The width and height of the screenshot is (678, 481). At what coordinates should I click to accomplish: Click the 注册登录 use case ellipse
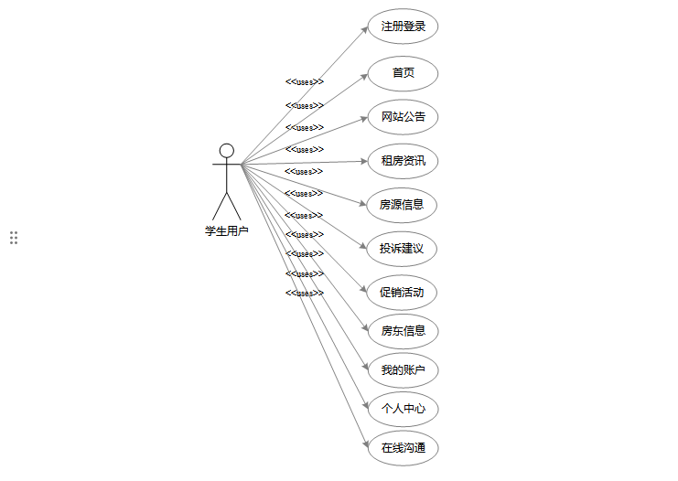(x=403, y=27)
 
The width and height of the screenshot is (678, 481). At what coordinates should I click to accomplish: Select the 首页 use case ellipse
(x=403, y=73)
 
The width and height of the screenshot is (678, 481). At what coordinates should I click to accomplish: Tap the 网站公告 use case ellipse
(x=403, y=117)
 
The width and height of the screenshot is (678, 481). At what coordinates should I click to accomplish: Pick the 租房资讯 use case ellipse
(x=403, y=162)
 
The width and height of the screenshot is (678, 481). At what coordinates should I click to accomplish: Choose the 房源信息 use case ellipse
(x=403, y=205)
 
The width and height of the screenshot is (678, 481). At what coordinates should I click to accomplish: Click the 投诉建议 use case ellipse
(x=403, y=249)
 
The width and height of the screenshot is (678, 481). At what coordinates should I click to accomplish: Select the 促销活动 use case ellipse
(x=403, y=294)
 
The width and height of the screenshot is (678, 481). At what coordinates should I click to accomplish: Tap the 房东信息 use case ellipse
(x=403, y=331)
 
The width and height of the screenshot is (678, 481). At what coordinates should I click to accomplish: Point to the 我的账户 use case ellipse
(x=403, y=370)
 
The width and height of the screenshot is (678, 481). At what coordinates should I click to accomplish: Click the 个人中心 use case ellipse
(x=403, y=409)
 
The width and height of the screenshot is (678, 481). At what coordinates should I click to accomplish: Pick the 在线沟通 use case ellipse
(x=403, y=448)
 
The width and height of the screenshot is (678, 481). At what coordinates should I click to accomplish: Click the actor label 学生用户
(x=227, y=231)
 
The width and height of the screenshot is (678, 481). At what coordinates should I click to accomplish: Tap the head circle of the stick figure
(x=227, y=151)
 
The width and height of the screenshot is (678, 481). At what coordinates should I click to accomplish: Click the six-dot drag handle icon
(x=14, y=238)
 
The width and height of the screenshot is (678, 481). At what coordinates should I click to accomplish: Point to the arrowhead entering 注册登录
(x=364, y=29)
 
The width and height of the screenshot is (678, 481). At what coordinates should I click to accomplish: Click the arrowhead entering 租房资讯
(x=364, y=162)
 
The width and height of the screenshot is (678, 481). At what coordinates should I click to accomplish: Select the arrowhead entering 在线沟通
(x=365, y=444)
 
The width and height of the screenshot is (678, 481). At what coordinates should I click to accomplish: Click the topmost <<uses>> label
(x=305, y=82)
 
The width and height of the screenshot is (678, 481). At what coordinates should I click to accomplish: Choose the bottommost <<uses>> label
(x=305, y=294)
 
